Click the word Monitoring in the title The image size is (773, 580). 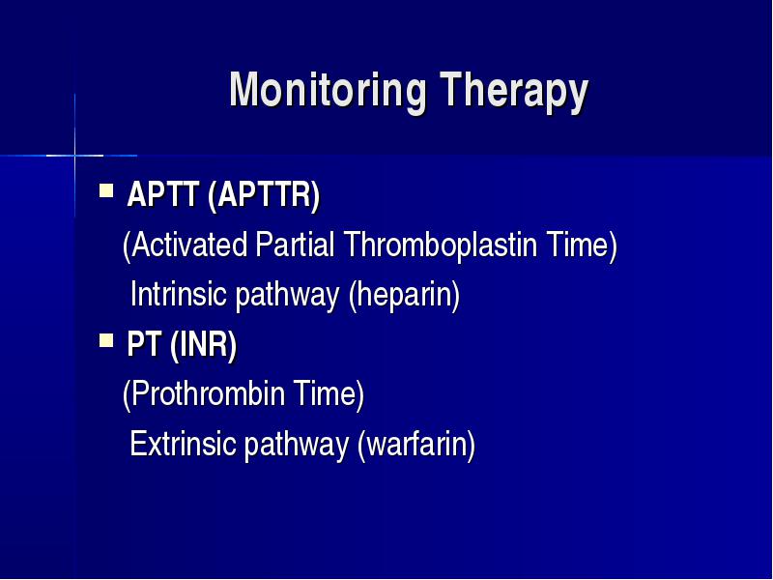coord(328,90)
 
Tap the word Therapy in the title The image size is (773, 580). coord(514,92)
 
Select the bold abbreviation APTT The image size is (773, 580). coord(162,194)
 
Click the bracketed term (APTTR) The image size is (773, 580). coord(264,195)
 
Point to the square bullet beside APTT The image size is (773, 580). coord(106,190)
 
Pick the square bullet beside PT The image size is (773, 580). coord(106,340)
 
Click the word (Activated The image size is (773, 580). coord(185,246)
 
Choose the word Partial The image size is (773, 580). coord(296,245)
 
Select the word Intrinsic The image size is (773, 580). coord(179,294)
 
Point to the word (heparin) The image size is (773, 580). coord(404,296)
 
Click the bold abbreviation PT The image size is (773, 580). coord(144,344)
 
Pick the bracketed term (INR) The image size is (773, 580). coord(204,345)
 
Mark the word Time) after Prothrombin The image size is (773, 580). coord(329,394)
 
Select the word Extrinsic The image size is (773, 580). coord(183,444)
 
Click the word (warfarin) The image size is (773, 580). coord(416,445)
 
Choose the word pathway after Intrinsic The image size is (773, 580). coord(287,296)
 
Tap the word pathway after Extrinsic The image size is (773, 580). coord(297,445)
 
